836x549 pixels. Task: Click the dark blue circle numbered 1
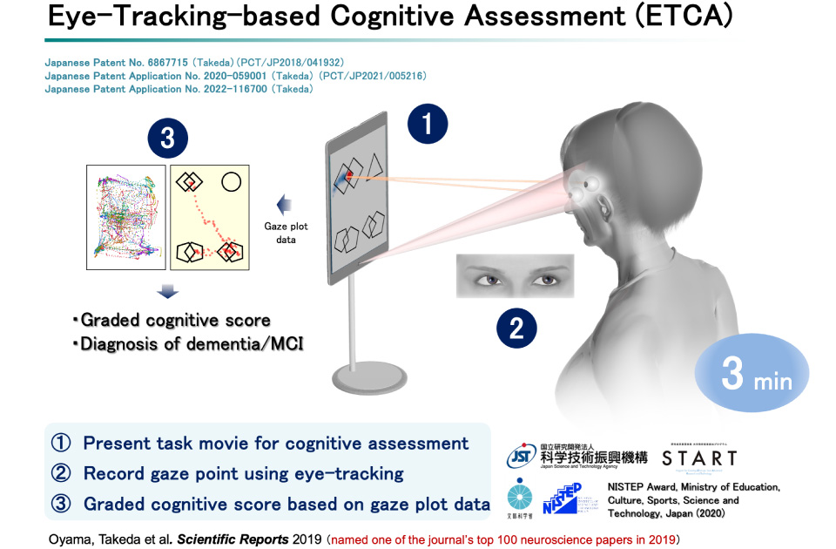[428, 125]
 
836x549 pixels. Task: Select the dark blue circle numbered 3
[168, 137]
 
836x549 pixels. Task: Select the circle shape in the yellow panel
[231, 182]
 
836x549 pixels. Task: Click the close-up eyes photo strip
[515, 276]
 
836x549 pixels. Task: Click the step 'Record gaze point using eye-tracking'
[243, 473]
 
